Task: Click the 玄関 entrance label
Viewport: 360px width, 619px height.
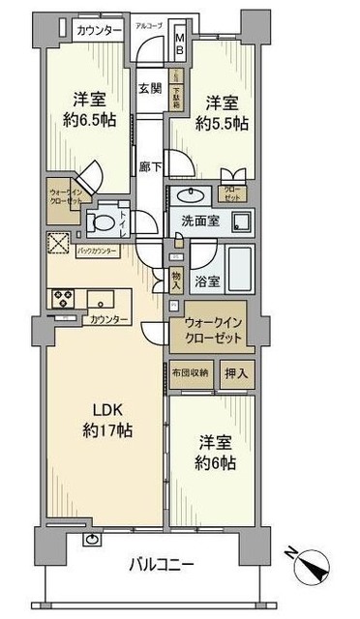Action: [149, 88]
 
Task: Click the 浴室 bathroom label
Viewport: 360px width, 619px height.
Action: [205, 281]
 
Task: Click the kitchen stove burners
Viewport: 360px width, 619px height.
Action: [65, 297]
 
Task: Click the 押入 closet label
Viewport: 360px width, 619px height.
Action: [236, 372]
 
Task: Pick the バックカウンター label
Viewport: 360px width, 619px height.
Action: [97, 251]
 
